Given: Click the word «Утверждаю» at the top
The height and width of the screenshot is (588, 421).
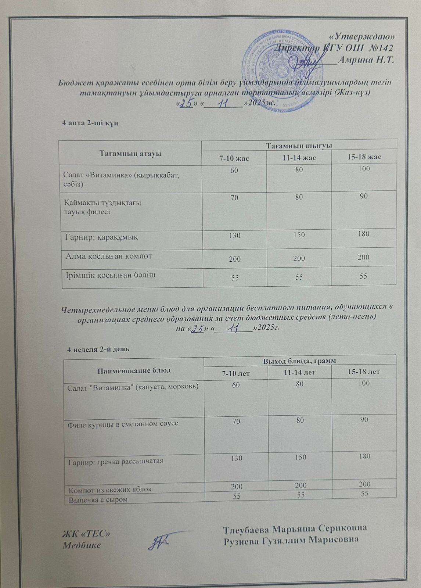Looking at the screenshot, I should (x=362, y=36).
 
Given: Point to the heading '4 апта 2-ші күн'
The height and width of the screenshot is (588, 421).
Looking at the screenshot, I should (x=91, y=123).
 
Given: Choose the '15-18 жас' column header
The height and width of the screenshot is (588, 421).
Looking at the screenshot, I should (x=364, y=157).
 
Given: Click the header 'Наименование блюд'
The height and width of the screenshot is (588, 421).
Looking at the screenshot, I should (x=134, y=370).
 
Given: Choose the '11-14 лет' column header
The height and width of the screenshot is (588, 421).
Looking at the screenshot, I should (x=299, y=372).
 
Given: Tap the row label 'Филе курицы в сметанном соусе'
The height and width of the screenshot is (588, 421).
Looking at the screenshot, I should (x=123, y=423).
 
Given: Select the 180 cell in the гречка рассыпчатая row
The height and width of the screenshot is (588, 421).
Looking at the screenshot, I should (x=364, y=456).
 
